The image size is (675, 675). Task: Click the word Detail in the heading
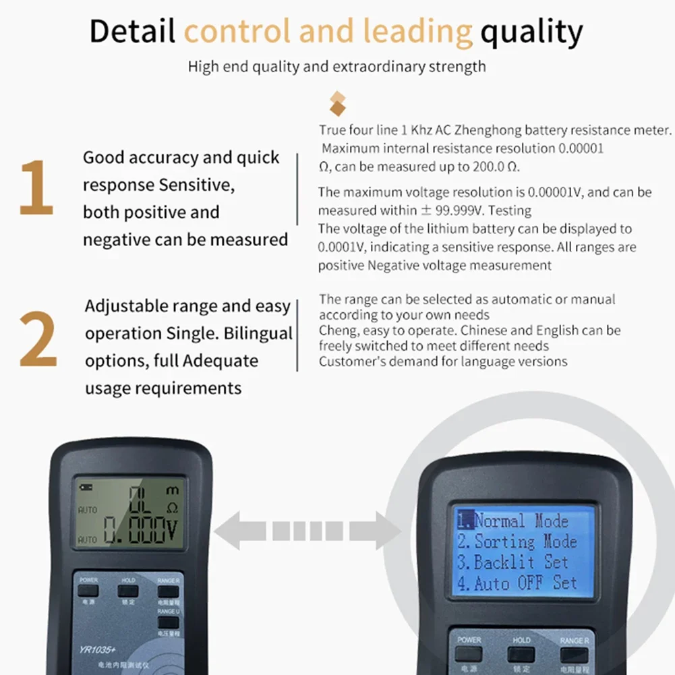click(132, 32)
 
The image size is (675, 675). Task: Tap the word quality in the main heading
click(531, 32)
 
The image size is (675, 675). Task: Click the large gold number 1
click(36, 188)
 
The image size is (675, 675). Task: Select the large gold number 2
click(38, 339)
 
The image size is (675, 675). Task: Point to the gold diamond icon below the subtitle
click(337, 104)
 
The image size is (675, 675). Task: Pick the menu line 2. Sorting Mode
click(517, 541)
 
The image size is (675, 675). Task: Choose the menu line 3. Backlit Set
click(513, 562)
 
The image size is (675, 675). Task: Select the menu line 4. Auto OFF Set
click(517, 583)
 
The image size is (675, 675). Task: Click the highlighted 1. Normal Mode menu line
click(513, 521)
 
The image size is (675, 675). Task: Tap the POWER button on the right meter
click(469, 653)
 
